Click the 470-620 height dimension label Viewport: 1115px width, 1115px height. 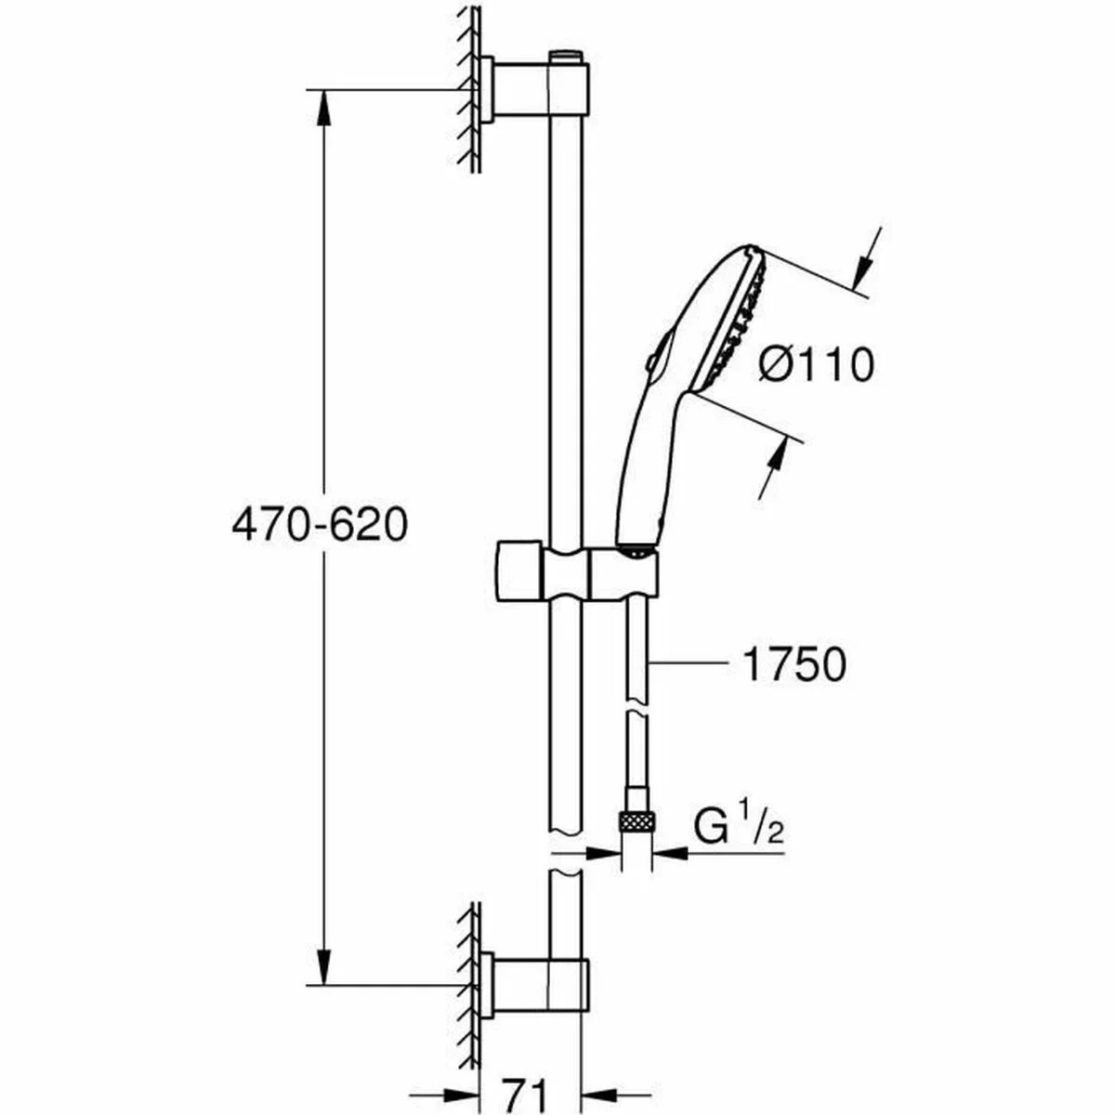point(319,526)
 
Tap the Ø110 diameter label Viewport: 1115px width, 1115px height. point(816,363)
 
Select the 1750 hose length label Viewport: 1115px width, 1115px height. point(794,664)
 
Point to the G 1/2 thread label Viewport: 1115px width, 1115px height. point(739,826)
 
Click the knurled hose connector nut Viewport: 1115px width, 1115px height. point(636,820)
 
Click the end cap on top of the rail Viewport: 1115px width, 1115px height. point(566,59)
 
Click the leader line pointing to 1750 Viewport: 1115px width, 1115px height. point(688,662)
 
